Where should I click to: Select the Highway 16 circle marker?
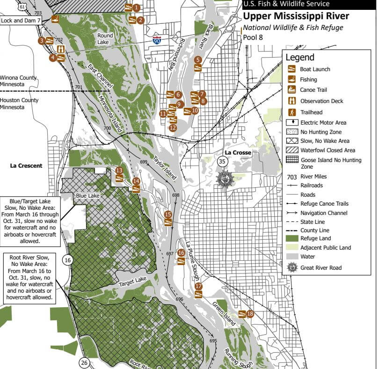point(67,260)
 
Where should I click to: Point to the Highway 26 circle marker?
point(84,362)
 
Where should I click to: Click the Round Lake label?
point(105,38)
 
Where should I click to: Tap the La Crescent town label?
point(26,165)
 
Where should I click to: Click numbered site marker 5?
point(198,59)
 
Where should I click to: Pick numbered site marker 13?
point(119,170)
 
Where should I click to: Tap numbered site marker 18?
point(250,313)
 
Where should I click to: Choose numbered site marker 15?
point(168,214)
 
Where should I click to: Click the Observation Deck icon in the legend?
point(291,101)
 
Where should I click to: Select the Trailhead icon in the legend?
point(291,112)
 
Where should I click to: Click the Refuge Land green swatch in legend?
point(292,238)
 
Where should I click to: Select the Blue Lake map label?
point(87,195)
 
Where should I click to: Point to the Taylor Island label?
point(165,168)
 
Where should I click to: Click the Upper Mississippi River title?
point(296,16)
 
